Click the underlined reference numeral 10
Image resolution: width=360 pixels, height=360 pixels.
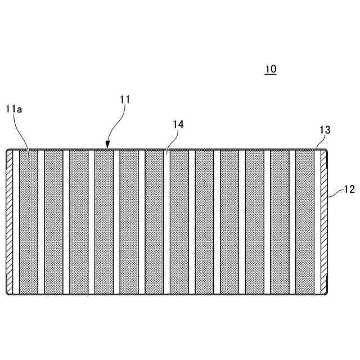[x=271, y=69]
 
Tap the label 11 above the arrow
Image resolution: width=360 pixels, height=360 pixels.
[x=125, y=100]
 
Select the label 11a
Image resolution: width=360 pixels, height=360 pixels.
[x=13, y=109]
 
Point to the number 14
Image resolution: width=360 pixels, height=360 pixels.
[x=178, y=124]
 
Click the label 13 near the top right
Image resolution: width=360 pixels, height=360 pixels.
[x=325, y=130]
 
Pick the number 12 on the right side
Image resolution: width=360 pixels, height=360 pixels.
[x=349, y=190]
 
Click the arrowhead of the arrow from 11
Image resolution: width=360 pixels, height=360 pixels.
[x=108, y=145]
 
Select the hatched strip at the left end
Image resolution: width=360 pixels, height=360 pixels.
[x=10, y=222]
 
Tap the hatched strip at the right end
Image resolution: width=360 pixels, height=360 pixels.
[x=323, y=222]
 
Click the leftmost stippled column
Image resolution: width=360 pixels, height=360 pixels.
[x=29, y=222]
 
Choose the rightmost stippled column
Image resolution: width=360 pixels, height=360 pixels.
[x=305, y=222]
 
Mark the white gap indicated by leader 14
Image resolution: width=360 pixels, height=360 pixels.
[x=166, y=222]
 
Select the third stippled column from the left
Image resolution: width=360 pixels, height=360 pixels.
[x=79, y=222]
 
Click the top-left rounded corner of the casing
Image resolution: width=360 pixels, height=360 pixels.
[x=8, y=151]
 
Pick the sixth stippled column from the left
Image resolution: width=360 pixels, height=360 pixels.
[x=154, y=222]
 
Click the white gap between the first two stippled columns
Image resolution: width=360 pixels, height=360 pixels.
[x=41, y=222]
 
